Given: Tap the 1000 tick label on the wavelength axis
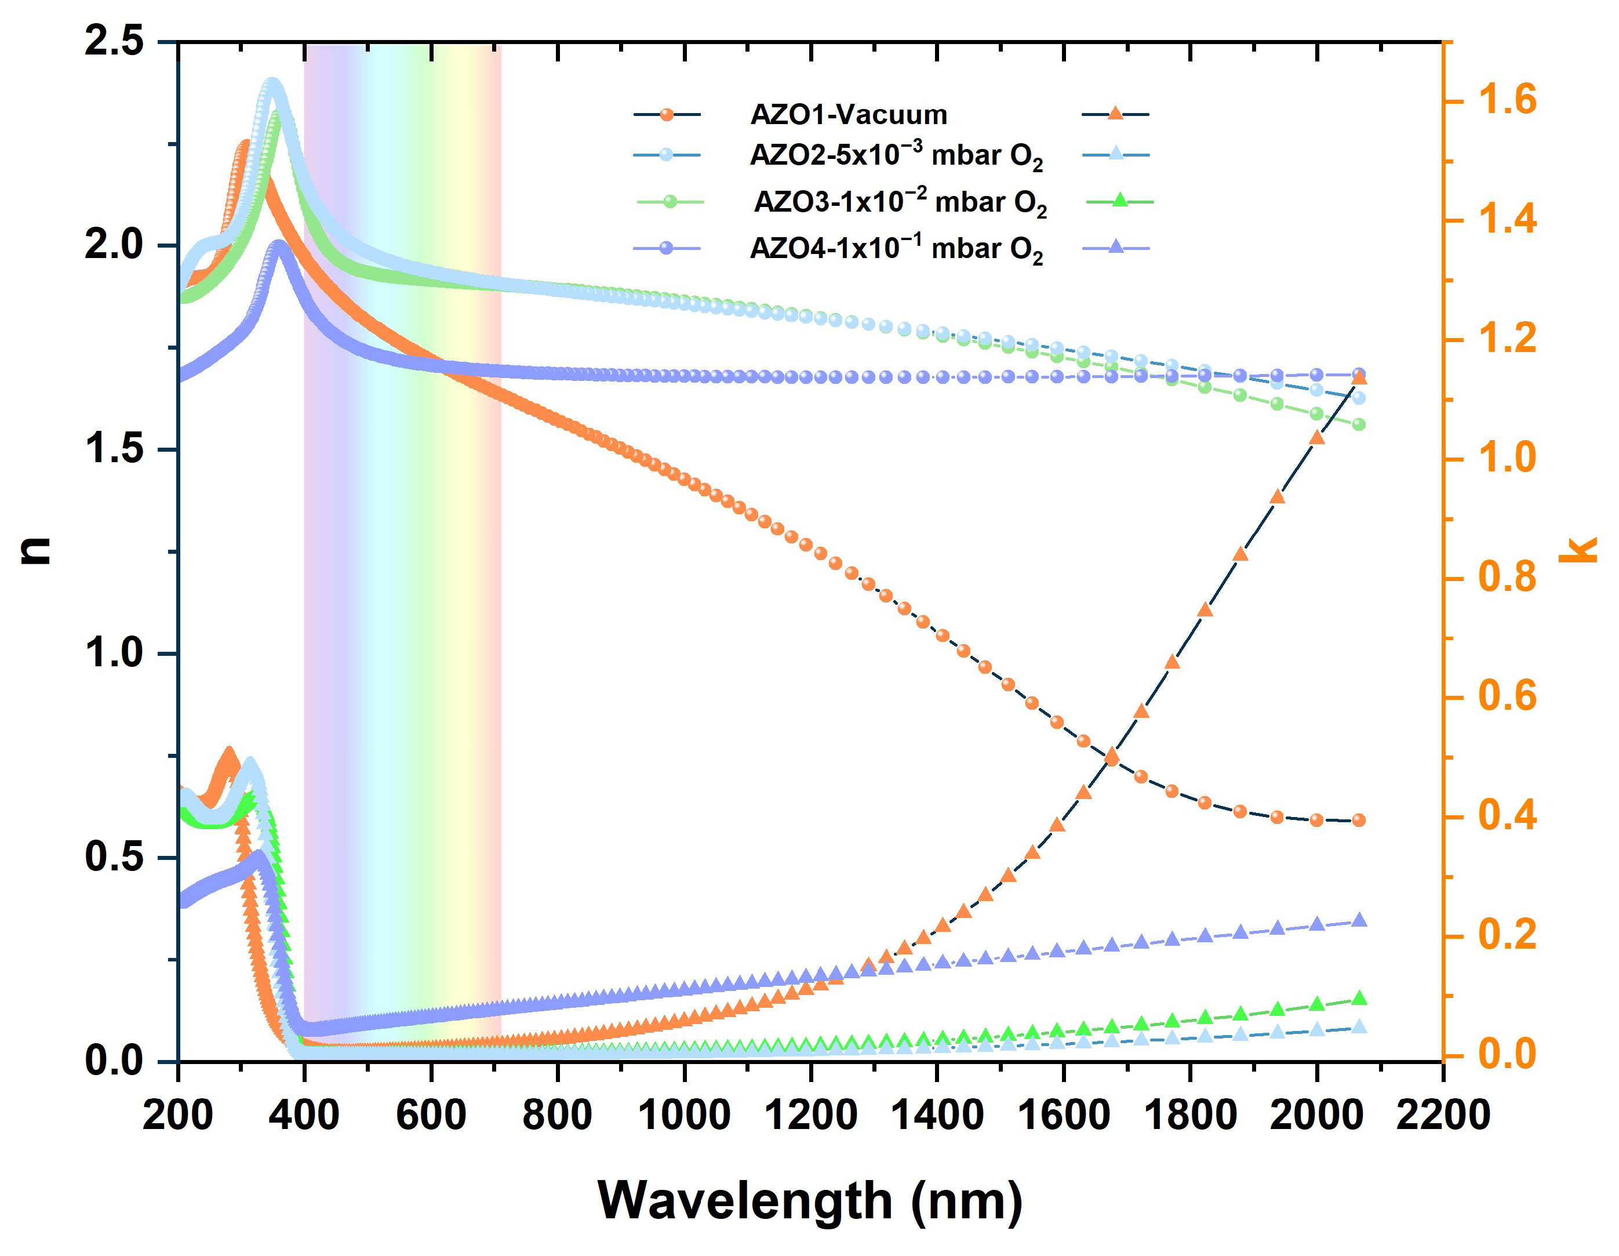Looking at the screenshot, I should (683, 1115).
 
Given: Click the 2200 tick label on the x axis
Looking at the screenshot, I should (1443, 1115).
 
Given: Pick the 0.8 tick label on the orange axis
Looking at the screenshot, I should (1507, 578).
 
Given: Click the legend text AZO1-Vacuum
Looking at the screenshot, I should (849, 115).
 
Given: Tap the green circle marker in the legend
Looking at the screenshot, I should (670, 202).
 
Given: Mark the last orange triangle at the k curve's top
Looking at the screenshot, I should (1359, 378).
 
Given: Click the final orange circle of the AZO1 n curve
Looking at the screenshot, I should (1359, 820).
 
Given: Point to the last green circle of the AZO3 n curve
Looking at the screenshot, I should (1359, 424).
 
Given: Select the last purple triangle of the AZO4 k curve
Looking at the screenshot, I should (1359, 921).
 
